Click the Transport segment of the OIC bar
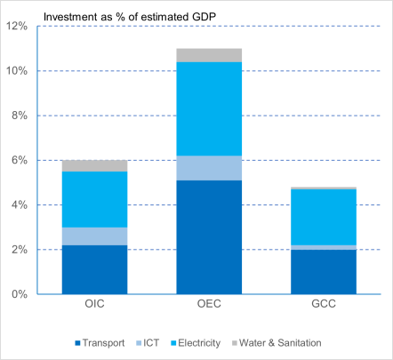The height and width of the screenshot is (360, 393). [94, 269]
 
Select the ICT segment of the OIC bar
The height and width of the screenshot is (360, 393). [94, 236]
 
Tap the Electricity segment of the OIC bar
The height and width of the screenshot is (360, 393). [94, 199]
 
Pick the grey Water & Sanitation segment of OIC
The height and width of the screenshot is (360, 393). [94, 166]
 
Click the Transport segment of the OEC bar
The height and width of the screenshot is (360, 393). [209, 237]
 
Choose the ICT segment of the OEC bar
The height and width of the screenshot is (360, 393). [209, 168]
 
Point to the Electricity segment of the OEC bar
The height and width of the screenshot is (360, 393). [209, 108]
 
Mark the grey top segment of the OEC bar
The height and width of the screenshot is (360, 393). [209, 55]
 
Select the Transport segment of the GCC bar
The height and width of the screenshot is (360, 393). [324, 272]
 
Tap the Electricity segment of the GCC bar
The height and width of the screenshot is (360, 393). [324, 217]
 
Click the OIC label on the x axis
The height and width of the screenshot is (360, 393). [94, 304]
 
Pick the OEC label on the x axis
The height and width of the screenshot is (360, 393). [209, 304]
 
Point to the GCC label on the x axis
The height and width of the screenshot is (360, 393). [324, 304]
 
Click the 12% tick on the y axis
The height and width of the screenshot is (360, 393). [17, 26]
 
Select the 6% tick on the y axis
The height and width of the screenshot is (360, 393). [20, 160]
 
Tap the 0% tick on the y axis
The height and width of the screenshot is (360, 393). [20, 294]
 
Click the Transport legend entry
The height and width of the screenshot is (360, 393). [100, 343]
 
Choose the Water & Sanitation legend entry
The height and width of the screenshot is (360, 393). [277, 343]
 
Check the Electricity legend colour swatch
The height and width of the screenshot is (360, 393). [173, 343]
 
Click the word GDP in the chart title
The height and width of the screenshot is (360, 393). [204, 17]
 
